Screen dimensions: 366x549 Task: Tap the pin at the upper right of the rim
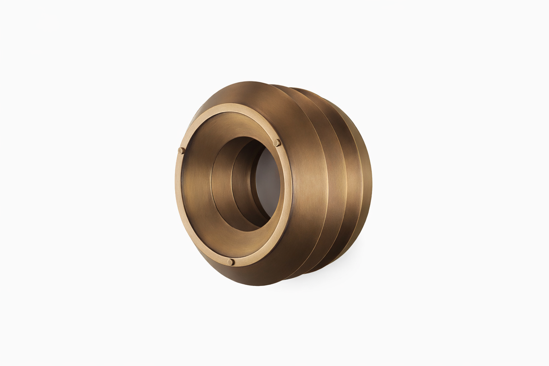[276, 143]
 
